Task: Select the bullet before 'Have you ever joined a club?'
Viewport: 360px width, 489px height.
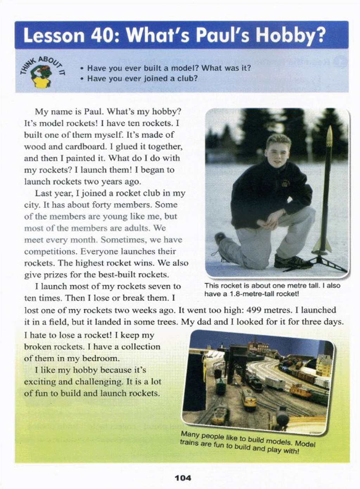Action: pos(82,79)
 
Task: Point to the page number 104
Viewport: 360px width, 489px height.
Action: pos(183,478)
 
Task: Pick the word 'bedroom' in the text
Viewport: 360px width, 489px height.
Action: pos(101,358)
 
